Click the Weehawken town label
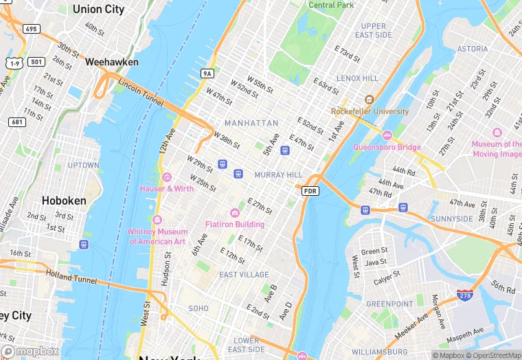[111, 62]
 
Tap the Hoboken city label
[64, 201]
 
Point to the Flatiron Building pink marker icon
[235, 213]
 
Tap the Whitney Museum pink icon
[157, 220]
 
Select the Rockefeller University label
[370, 111]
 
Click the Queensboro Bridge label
[387, 146]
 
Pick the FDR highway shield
[310, 190]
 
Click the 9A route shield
[207, 73]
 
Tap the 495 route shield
[31, 29]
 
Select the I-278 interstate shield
[465, 295]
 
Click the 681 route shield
[17, 122]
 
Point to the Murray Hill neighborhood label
[278, 175]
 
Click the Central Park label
[331, 5]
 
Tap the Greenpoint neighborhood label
[389, 304]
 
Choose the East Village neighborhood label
[244, 275]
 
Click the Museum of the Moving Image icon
[497, 133]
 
